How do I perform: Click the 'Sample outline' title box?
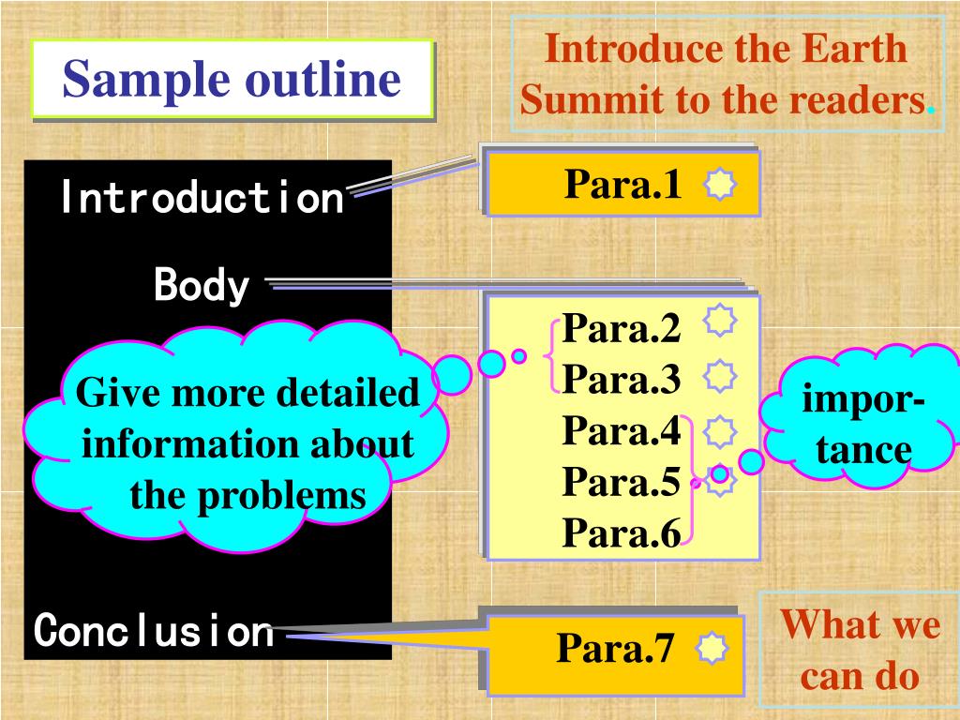click(232, 80)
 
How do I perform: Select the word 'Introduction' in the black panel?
click(202, 198)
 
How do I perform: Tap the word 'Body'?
click(202, 285)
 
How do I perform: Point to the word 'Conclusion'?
click(154, 631)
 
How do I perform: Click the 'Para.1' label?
click(622, 185)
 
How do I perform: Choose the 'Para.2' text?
click(622, 329)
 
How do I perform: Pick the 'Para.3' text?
click(622, 380)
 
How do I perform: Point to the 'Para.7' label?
click(616, 648)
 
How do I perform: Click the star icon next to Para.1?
click(719, 186)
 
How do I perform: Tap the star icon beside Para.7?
click(712, 649)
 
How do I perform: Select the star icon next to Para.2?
click(719, 322)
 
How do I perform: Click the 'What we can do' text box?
click(860, 649)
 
